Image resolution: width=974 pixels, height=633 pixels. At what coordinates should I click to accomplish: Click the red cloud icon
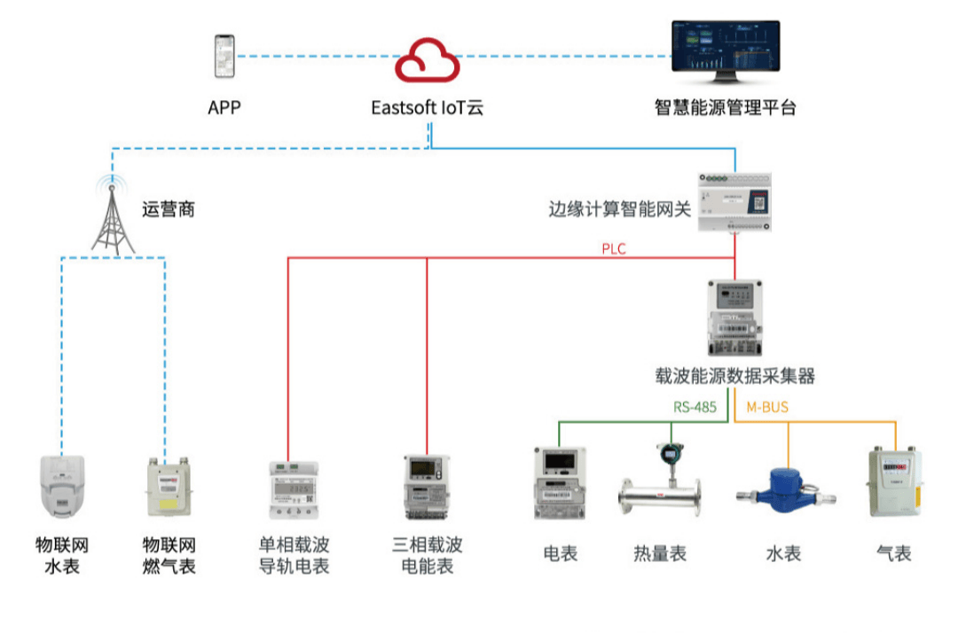click(427, 59)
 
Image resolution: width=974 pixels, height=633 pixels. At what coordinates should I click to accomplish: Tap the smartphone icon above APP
click(224, 57)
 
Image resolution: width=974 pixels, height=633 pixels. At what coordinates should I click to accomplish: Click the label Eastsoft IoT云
click(427, 108)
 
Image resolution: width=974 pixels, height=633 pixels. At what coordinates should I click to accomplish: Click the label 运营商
click(168, 210)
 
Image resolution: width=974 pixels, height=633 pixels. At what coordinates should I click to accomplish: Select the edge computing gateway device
click(734, 201)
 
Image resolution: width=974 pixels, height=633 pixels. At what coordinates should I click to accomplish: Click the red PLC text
click(614, 249)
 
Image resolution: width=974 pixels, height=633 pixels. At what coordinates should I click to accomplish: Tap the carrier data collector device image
click(734, 318)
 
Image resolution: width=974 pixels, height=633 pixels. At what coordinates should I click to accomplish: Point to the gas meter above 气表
click(894, 483)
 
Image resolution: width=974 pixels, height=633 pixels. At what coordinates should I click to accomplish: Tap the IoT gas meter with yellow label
click(167, 488)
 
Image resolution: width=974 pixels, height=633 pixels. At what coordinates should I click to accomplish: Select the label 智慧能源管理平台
click(726, 108)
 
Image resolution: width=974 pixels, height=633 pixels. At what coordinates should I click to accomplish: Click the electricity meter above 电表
click(561, 486)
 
